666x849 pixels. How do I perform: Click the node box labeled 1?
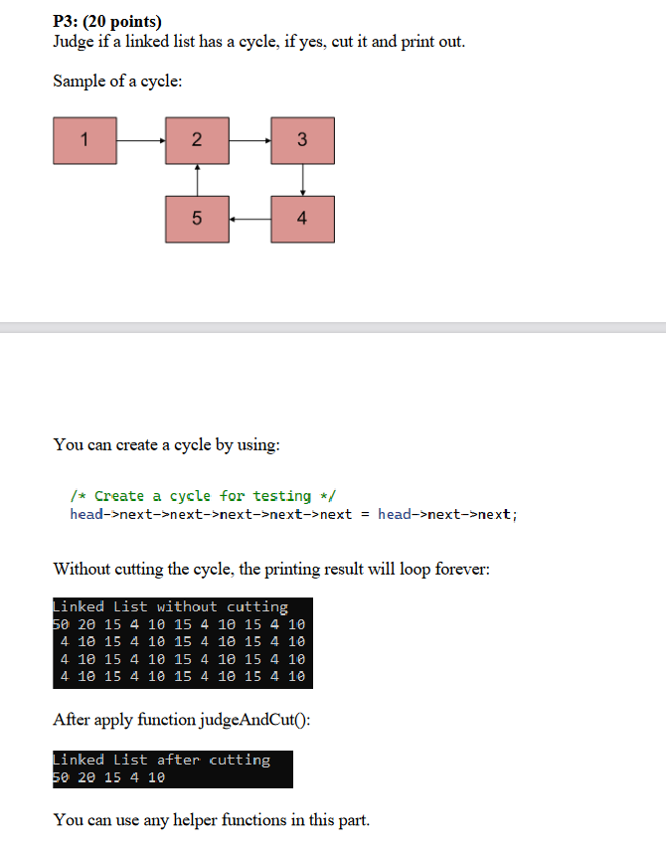tap(85, 140)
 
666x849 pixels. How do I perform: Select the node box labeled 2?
tap(197, 140)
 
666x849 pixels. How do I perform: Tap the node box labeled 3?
tap(302, 140)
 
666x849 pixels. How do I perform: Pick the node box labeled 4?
tap(302, 218)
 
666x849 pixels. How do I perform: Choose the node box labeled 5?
tap(197, 218)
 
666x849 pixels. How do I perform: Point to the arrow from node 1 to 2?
tap(141, 140)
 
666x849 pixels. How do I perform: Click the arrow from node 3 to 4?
tap(302, 179)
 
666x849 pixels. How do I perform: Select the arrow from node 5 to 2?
tap(197, 179)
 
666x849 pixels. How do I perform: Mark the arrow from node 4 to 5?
tap(250, 218)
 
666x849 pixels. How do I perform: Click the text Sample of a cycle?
tap(117, 81)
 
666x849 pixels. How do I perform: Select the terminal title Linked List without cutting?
tap(170, 606)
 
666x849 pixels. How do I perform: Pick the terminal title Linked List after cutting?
tap(161, 760)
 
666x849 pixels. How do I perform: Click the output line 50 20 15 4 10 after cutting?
tap(108, 777)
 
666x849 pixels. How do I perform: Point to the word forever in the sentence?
tap(461, 570)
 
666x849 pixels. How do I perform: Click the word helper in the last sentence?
tap(198, 820)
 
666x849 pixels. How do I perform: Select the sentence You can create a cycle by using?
tap(166, 444)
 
